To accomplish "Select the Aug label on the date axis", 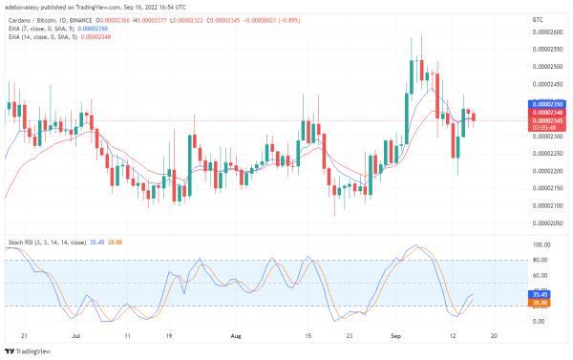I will [236, 337].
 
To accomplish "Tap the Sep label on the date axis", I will [396, 337].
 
